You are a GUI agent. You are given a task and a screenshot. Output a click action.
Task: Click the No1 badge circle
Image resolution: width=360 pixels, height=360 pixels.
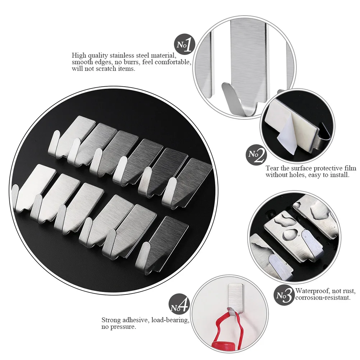tap(185, 45)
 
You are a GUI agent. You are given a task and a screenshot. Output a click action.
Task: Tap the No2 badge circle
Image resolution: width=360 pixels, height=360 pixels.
tap(256, 155)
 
